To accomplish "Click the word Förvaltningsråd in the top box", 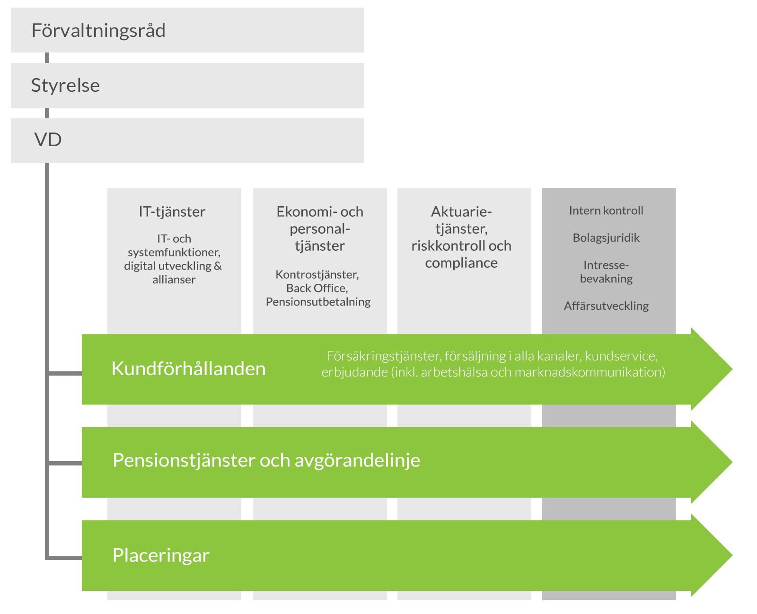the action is (x=98, y=31).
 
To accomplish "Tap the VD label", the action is (x=48, y=140).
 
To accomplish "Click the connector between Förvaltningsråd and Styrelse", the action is (x=47, y=58).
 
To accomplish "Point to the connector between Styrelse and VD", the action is (x=47, y=113).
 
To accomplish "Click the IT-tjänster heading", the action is (x=172, y=212).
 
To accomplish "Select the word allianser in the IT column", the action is (x=174, y=280).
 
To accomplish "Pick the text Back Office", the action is (x=317, y=288).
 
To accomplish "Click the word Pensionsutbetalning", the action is (x=318, y=302).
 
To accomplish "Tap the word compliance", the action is (x=461, y=263).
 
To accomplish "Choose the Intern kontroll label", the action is (x=606, y=211).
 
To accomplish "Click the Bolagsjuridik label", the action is (x=606, y=238).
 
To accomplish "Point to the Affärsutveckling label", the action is (x=606, y=306).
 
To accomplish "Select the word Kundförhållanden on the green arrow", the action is (x=188, y=368).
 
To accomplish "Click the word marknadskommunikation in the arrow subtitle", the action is (x=590, y=372).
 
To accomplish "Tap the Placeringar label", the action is (x=161, y=555).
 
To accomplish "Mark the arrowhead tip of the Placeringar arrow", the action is (x=732, y=555).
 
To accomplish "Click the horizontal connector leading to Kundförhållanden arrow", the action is (x=65, y=373).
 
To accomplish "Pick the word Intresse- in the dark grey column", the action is (x=606, y=265).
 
